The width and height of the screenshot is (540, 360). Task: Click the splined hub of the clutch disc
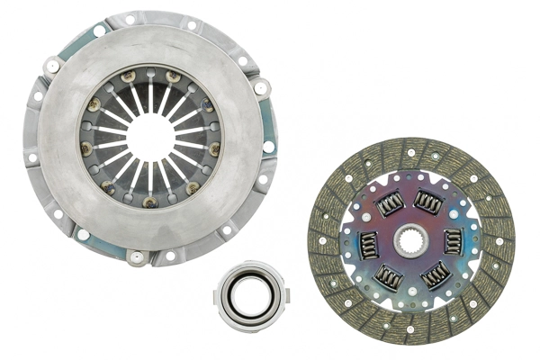pos(411,239)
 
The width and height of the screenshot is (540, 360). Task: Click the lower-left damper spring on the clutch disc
pos(390,277)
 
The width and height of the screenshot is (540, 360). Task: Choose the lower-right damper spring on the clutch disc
pos(435,274)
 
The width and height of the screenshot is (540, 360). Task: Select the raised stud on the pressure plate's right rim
pos(261,88)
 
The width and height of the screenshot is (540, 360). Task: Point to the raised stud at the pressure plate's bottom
pos(137,258)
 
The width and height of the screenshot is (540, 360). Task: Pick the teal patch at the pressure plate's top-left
pos(99,30)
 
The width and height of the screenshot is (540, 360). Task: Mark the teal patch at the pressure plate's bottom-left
pos(83,235)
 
